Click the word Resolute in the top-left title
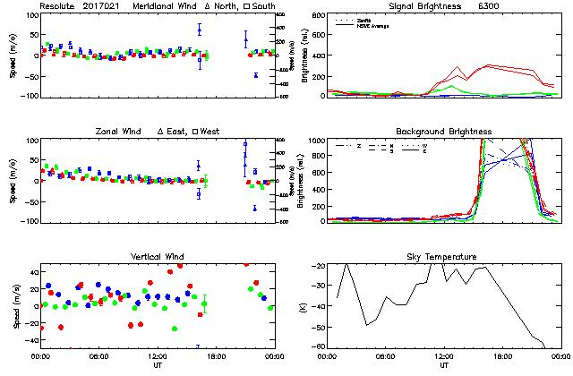pos(56,6)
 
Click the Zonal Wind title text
pos(119,132)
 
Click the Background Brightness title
pos(444,132)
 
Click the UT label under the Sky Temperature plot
pos(444,365)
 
